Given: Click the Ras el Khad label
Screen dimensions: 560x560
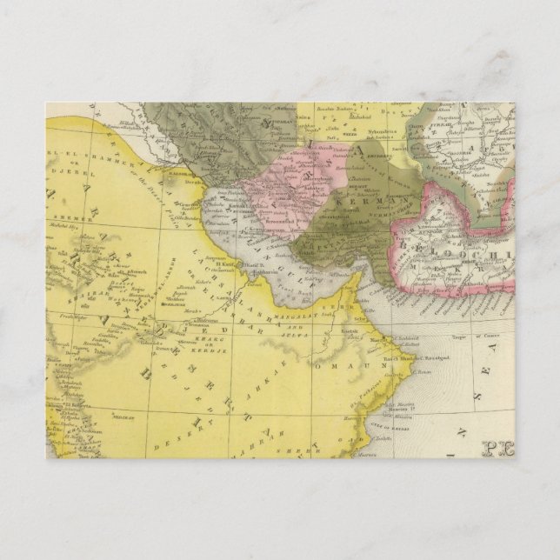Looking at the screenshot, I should pyautogui.click(x=395, y=357).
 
